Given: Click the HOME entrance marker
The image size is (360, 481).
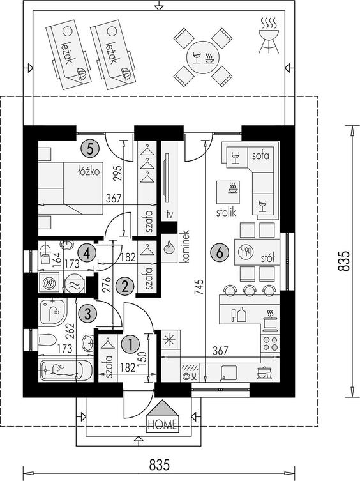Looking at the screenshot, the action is click(x=163, y=416).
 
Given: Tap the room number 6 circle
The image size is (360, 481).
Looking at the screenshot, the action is click(x=220, y=253).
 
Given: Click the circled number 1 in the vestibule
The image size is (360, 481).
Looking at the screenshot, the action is click(x=131, y=344).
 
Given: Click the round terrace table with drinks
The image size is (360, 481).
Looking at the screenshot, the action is click(x=204, y=57).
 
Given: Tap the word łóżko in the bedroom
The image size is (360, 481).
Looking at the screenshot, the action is click(x=89, y=171).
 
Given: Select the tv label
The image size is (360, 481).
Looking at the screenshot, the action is click(x=169, y=214).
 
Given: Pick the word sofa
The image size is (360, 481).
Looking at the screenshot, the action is click(x=260, y=155).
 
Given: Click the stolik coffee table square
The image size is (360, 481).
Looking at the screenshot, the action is click(x=228, y=192).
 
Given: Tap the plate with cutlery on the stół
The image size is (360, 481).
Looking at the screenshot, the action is click(x=246, y=252).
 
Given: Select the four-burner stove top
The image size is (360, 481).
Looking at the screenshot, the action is click(x=270, y=343).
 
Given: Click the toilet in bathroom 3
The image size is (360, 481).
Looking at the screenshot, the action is click(x=47, y=340).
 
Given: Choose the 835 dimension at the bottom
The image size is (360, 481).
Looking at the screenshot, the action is click(x=160, y=465).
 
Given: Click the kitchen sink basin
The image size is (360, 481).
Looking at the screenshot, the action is click(x=229, y=372).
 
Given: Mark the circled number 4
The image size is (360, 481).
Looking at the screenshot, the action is click(x=86, y=254).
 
